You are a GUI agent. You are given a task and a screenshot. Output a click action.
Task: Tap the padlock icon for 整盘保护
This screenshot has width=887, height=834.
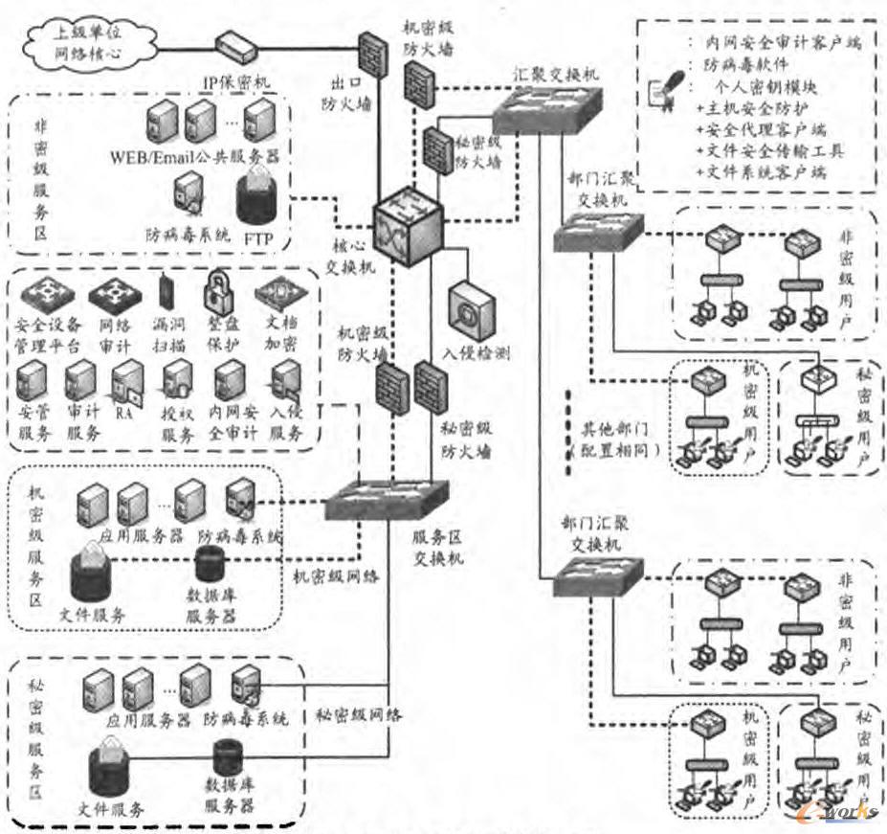[x=220, y=287]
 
